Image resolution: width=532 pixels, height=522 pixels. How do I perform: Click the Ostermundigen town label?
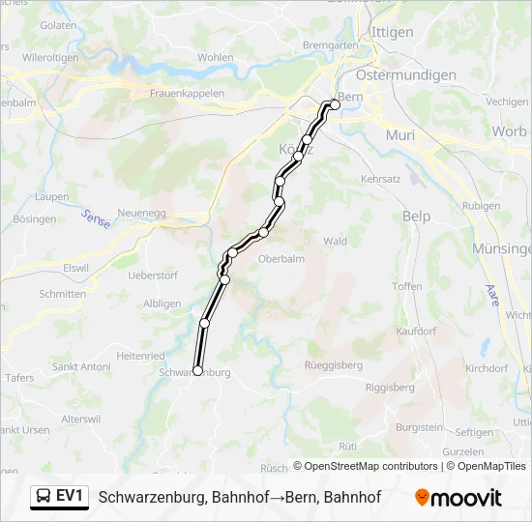tap(406, 74)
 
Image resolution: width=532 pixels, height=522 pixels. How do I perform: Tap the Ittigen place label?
tap(392, 32)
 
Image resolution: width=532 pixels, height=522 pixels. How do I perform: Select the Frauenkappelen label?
tap(187, 94)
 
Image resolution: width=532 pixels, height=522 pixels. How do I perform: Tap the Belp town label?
tap(416, 217)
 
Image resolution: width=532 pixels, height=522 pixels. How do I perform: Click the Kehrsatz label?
tap(380, 180)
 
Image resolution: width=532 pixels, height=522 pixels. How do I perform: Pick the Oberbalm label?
tap(282, 258)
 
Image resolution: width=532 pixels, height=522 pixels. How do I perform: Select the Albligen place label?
tap(162, 304)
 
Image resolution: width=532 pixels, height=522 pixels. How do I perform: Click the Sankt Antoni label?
tap(81, 366)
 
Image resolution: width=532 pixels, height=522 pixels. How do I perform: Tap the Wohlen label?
tap(215, 57)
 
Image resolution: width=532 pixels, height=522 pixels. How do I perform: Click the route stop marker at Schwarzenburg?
tap(197, 370)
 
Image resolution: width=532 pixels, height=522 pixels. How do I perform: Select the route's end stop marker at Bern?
tap(336, 104)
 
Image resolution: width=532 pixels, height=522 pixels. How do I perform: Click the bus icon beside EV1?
tap(44, 497)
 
